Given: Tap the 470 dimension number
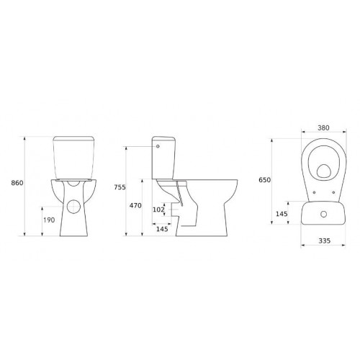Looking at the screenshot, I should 135,204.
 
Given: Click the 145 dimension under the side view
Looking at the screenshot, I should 161,230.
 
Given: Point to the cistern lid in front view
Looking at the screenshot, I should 74,136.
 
